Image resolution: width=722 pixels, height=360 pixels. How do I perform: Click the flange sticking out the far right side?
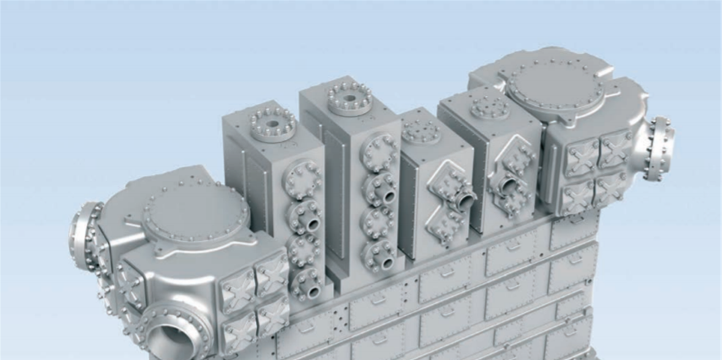[658, 148]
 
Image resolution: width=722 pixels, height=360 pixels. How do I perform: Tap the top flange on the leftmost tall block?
[273, 123]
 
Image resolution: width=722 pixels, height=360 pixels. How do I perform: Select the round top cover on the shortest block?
[421, 131]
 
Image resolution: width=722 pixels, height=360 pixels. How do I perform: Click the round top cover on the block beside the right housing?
[490, 107]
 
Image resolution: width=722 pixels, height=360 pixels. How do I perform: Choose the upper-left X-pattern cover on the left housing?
[237, 285]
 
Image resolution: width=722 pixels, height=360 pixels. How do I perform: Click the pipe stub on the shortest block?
[464, 200]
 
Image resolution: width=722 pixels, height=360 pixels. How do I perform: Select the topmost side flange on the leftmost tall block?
[303, 178]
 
